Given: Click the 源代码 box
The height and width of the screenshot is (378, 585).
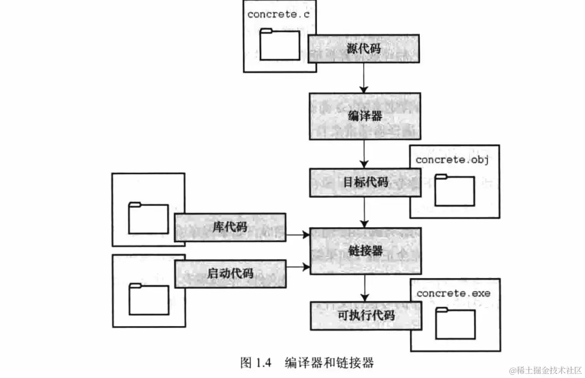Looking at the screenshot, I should coord(364,48).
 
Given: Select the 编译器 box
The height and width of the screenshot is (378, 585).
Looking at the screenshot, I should coord(364,116).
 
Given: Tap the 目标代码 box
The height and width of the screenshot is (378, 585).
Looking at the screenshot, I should coord(365,182).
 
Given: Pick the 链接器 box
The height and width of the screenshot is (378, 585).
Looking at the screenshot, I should coord(365,250).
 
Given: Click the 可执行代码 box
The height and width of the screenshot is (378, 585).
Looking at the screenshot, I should coord(365,315).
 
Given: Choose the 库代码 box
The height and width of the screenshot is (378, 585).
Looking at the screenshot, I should coord(230,227).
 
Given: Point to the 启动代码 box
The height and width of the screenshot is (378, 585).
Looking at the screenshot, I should coord(230,273).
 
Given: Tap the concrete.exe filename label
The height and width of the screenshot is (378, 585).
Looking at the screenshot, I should coord(453,293).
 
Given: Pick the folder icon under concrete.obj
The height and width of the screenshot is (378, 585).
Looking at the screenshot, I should coord(454,190).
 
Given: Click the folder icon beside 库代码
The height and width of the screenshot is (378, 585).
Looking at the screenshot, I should coord(148,218).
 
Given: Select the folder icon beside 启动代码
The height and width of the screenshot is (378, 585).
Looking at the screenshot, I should coord(148,299).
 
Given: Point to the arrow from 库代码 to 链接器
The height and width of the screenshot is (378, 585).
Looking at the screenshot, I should coord(298,235).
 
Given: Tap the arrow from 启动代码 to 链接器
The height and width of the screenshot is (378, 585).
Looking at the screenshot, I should coord(298,266).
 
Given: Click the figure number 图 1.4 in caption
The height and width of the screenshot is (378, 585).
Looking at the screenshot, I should coord(256,363).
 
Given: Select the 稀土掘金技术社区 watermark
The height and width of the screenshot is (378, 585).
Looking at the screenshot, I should coord(545,369).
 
